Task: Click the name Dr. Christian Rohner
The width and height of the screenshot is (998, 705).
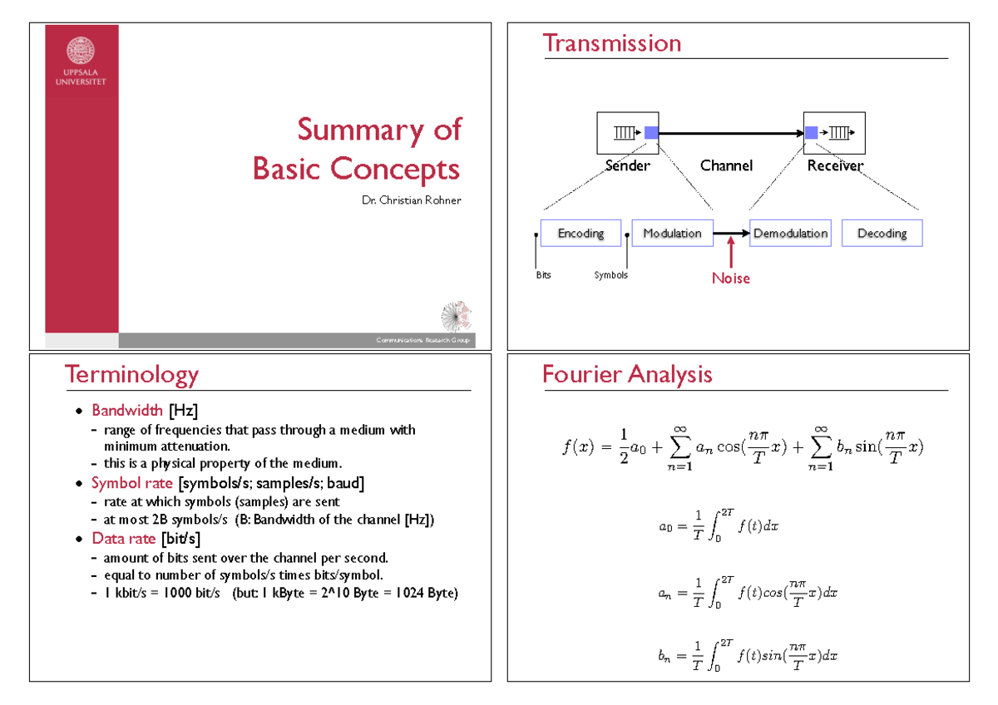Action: point(411,200)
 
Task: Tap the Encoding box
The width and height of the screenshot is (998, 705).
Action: point(581,234)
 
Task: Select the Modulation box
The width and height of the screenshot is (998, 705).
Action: point(672,234)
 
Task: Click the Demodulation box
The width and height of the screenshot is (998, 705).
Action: point(790,234)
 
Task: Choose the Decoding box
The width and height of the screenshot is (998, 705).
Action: point(882,234)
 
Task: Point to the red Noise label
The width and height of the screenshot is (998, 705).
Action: point(730,279)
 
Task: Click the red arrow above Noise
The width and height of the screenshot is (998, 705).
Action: point(730,252)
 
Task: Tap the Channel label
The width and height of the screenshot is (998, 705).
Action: point(726,165)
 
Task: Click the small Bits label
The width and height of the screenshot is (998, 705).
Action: point(542,275)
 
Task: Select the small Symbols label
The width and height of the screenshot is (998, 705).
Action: point(610,275)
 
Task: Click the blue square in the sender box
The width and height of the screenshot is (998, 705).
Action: point(651,132)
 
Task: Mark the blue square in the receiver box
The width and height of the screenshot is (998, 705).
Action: point(811,132)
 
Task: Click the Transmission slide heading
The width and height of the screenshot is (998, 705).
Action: point(611,43)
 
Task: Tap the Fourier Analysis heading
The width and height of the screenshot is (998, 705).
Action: point(627,375)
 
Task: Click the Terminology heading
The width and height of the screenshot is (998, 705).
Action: point(132,375)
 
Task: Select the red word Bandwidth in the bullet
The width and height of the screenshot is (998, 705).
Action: point(128,411)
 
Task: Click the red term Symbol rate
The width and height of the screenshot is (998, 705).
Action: point(131,484)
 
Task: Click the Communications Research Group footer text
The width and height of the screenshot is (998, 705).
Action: point(422,341)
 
